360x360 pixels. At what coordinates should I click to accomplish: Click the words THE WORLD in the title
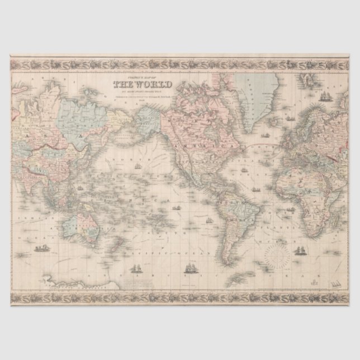142,85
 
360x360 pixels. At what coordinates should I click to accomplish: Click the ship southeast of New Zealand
134,268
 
